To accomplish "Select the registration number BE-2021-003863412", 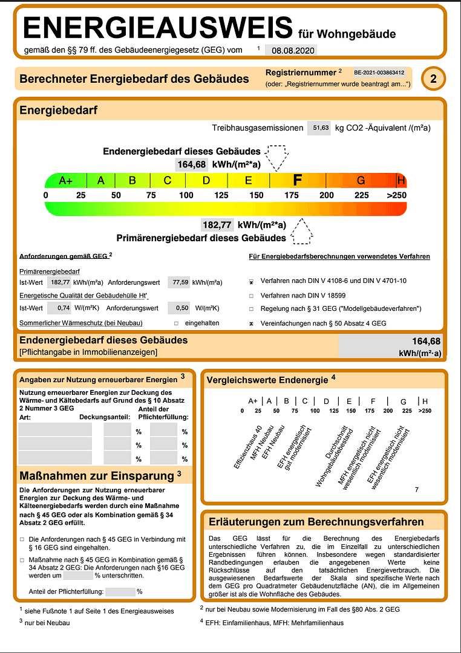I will pos(379,72).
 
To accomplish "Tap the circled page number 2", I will pos(433,79).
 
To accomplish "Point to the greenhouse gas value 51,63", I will pos(319,128).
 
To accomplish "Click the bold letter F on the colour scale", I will pos(297,180).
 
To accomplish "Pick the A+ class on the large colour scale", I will pos(66,180).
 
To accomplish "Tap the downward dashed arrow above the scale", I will pos(278,157).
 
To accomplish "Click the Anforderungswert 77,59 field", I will pos(178,282).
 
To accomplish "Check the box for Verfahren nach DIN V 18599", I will pos(251,296).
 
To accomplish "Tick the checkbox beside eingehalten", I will pos(176,323).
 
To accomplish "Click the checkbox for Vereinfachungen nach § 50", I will pos(251,323).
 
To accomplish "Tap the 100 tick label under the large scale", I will pos(186,195).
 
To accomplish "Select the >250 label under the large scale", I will pos(397,195).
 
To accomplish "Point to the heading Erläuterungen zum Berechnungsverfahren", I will pos(316,522).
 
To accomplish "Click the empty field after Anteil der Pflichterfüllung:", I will pos(120,592).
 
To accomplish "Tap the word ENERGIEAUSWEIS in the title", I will pos(158,28).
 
